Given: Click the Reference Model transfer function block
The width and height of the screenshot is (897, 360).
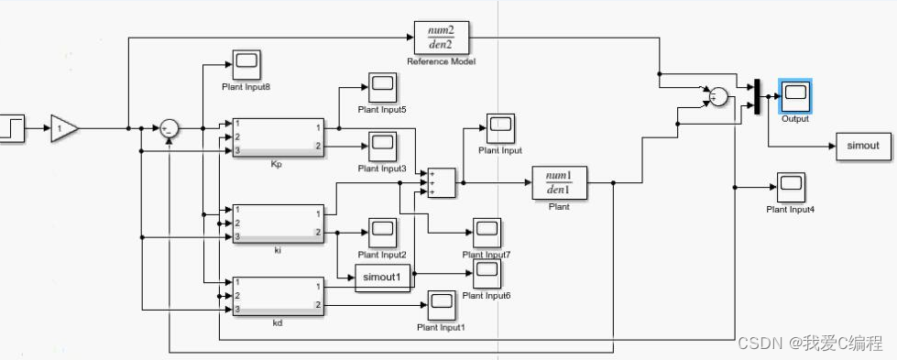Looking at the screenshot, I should coord(442,37).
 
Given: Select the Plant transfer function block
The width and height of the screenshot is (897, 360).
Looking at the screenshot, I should coord(558,182).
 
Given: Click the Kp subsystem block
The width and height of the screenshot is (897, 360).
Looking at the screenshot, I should coord(279,136).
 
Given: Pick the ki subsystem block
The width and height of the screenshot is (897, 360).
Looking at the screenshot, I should coord(279,224).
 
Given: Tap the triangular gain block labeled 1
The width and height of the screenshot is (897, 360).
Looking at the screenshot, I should coord(64,129).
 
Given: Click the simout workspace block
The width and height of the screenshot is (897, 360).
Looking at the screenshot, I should coord(861,146).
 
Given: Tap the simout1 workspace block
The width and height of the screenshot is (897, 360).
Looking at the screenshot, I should coord(382,278).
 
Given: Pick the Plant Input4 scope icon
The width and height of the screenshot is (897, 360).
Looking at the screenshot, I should coord(790,188).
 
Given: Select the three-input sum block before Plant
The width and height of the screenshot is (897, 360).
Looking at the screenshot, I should coord(442,182).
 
